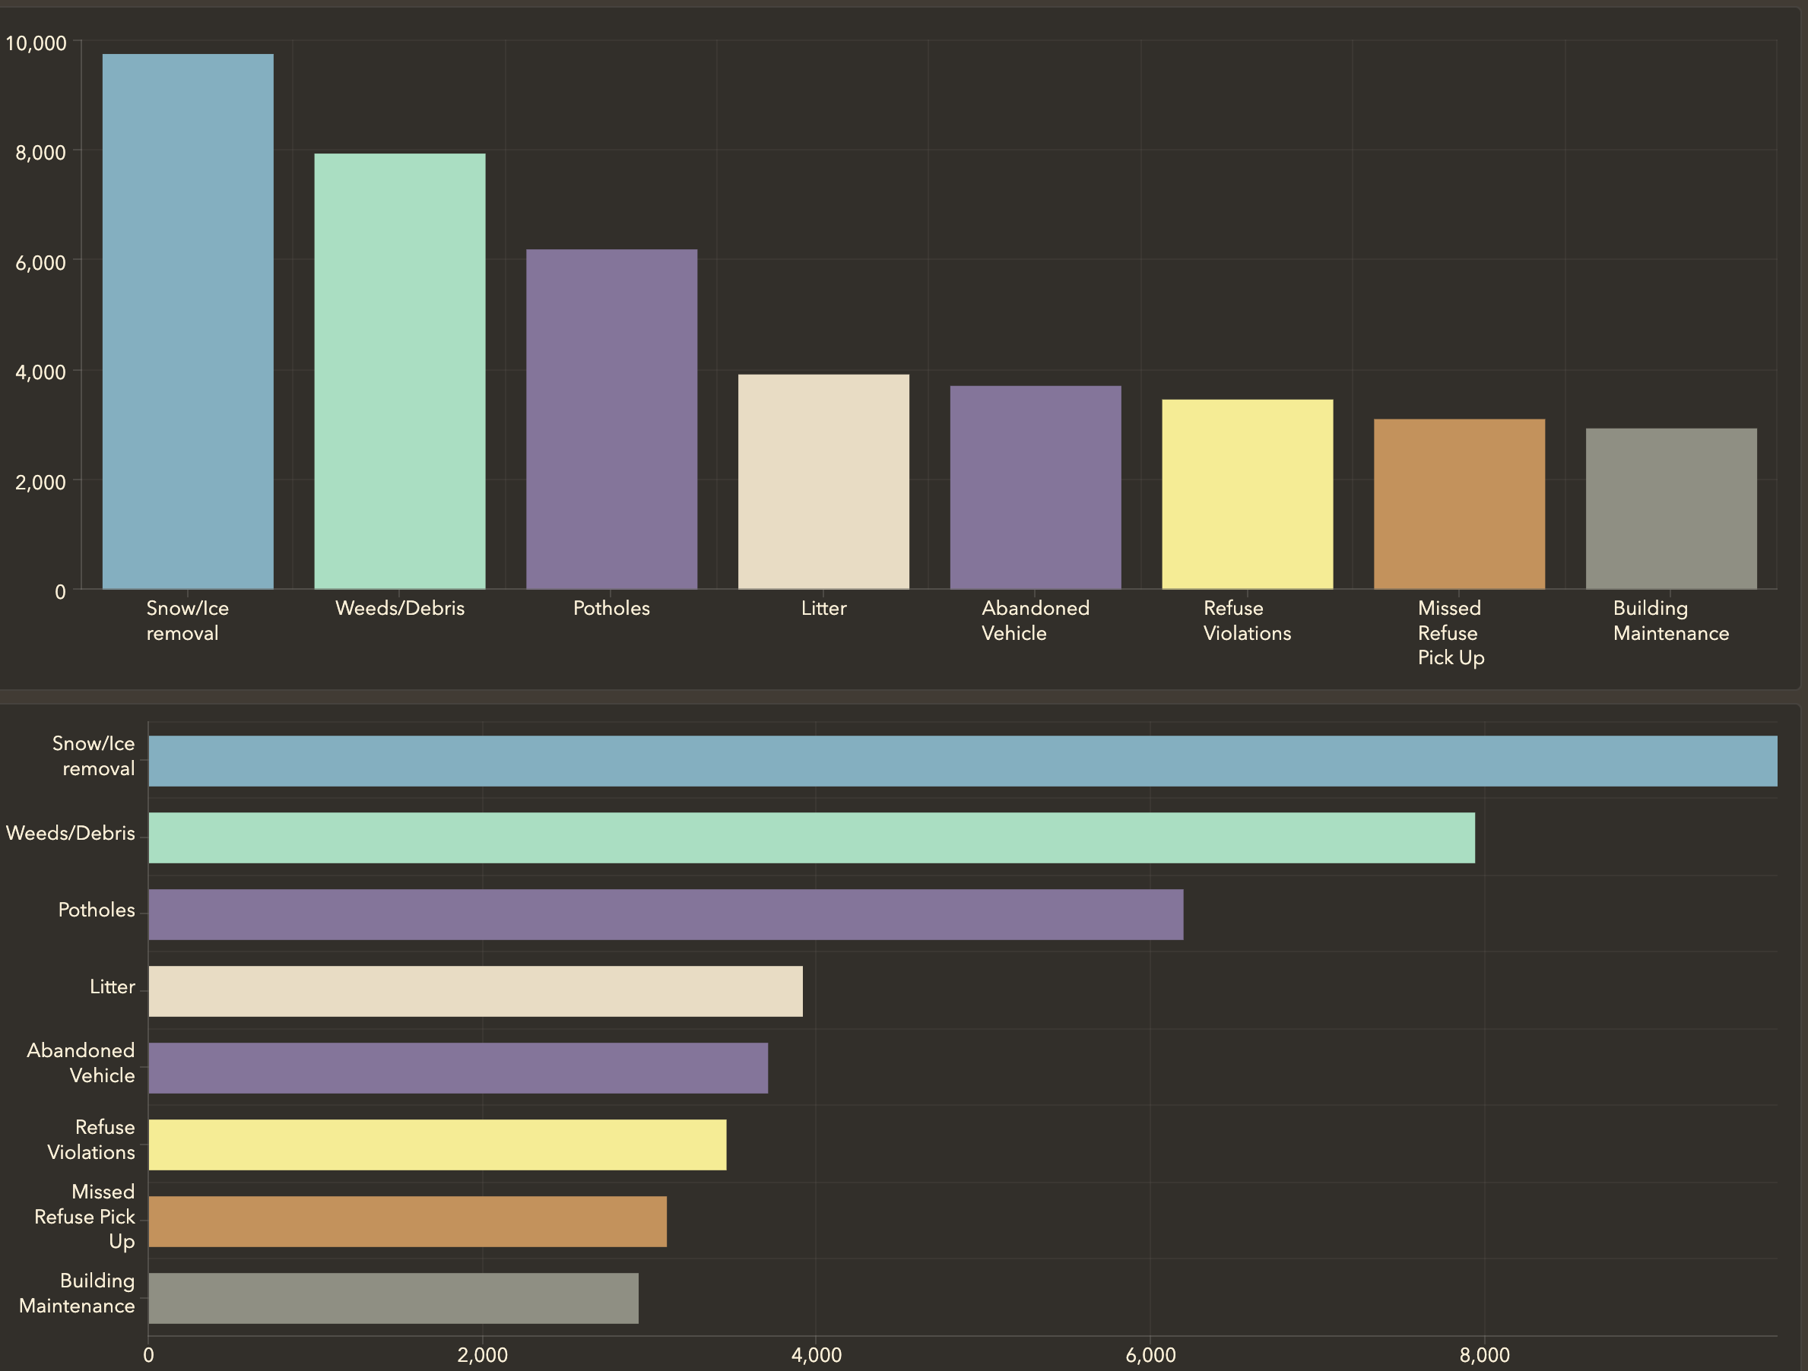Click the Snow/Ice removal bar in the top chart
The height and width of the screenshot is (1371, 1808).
point(187,321)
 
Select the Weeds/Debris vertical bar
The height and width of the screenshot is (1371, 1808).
point(400,371)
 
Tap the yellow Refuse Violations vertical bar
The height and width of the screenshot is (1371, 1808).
point(1248,494)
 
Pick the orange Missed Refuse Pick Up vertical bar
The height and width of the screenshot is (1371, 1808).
point(1459,504)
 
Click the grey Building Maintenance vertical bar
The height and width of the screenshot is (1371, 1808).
point(1670,508)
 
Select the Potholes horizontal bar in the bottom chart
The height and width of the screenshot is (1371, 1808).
point(665,914)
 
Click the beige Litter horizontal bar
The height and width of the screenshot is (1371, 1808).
point(475,991)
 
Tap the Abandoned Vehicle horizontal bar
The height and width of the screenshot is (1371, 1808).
point(458,1068)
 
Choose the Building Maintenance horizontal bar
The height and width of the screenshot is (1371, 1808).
point(393,1298)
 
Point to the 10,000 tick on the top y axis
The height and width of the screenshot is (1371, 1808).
point(36,43)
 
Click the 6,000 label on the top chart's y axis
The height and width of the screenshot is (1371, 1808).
point(41,262)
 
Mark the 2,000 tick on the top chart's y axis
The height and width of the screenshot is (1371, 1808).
point(41,482)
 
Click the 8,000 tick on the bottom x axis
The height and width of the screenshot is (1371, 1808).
point(1484,1354)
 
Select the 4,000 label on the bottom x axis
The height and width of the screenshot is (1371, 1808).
point(817,1354)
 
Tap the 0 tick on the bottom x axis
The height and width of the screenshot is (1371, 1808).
point(149,1354)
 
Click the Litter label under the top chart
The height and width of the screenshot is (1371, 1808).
point(823,608)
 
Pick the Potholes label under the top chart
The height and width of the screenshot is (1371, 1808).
point(611,608)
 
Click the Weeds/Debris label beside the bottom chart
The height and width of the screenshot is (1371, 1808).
point(70,834)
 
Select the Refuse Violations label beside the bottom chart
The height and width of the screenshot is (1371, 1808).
point(91,1140)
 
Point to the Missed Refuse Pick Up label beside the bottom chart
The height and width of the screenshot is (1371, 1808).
point(85,1217)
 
